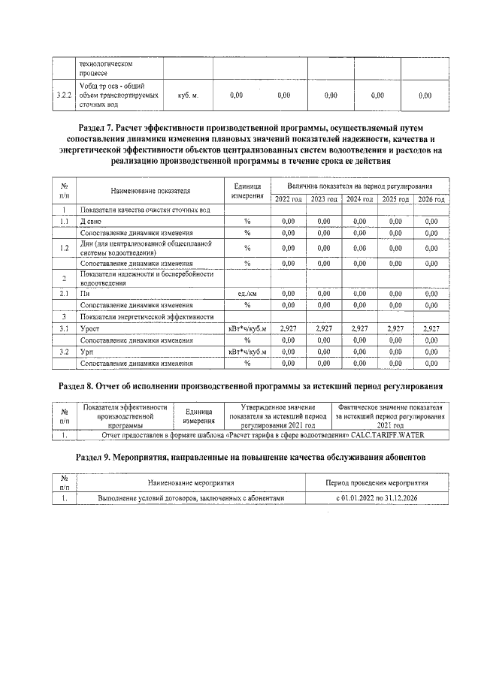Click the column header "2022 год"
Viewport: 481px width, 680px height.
[288, 199]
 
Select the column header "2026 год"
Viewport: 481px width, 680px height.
[431, 199]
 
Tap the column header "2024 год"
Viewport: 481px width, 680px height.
[360, 199]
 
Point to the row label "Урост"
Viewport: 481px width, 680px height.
[90, 329]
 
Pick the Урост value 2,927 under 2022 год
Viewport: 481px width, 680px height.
[288, 329]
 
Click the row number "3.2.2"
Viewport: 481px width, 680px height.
[64, 95]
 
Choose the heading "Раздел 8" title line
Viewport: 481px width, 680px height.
[250, 386]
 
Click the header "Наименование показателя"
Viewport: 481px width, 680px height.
[150, 192]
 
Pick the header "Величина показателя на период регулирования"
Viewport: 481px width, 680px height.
[359, 185]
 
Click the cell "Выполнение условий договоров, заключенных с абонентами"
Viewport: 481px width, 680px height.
[192, 497]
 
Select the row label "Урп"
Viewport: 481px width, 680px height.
[88, 352]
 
